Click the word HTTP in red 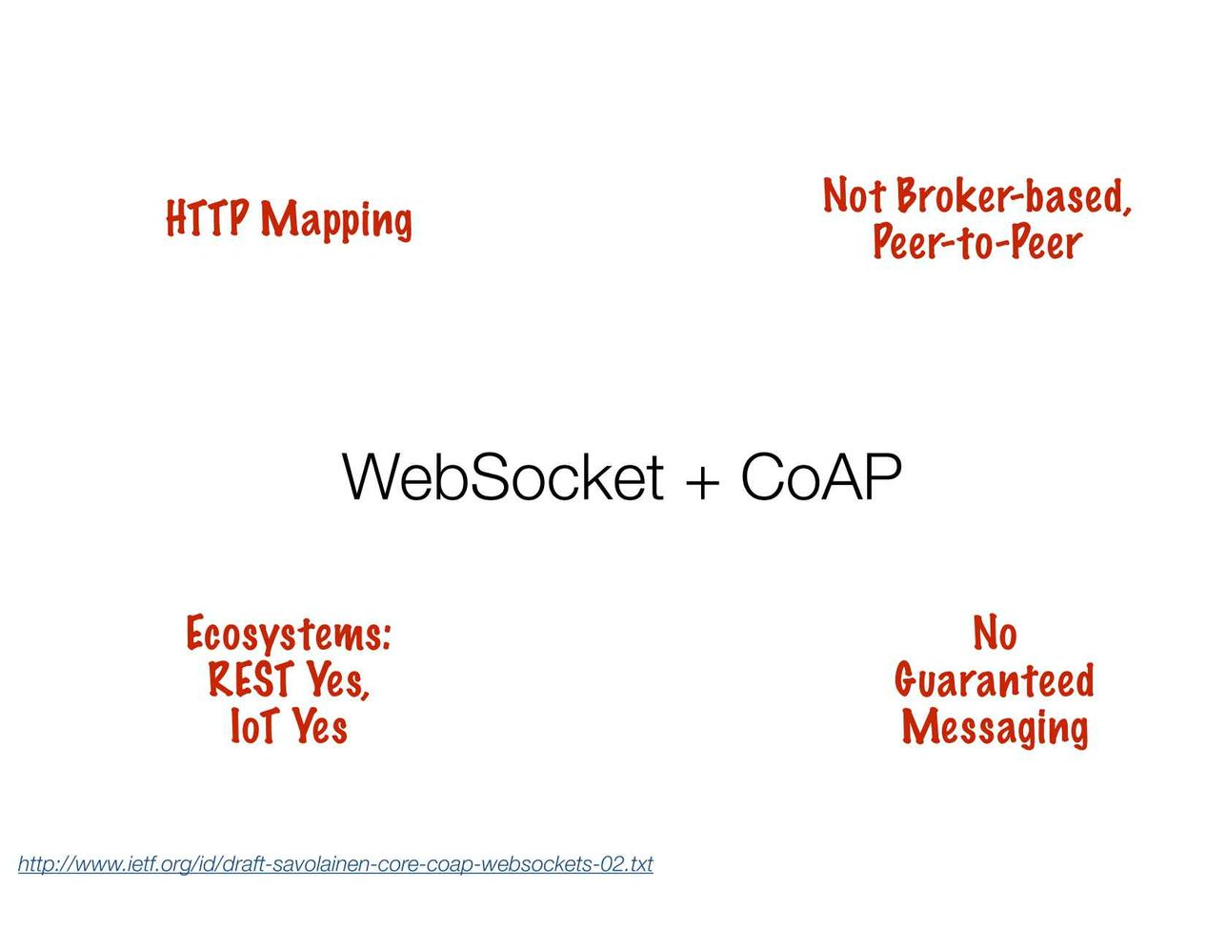point(208,218)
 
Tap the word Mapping point(336,221)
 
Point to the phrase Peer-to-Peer point(978,242)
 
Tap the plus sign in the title point(702,482)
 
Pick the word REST point(251,678)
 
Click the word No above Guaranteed point(995,633)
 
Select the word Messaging point(995,728)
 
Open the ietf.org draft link point(335,864)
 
